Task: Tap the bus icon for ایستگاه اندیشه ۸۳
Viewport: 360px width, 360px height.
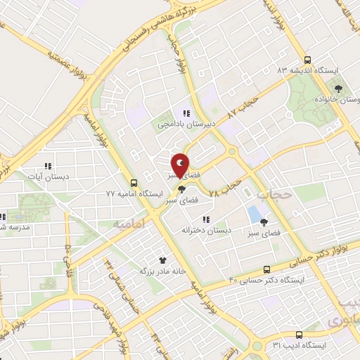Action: [307, 60]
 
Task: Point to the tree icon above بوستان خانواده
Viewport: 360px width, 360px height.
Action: [338, 89]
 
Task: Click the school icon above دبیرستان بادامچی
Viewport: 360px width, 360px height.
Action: [186, 112]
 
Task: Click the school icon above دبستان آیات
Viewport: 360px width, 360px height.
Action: [48, 167]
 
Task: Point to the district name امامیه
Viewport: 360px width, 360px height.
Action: [127, 222]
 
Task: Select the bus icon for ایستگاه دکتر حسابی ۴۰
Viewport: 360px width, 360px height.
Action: [266, 269]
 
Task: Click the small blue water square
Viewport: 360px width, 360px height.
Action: [253, 212]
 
